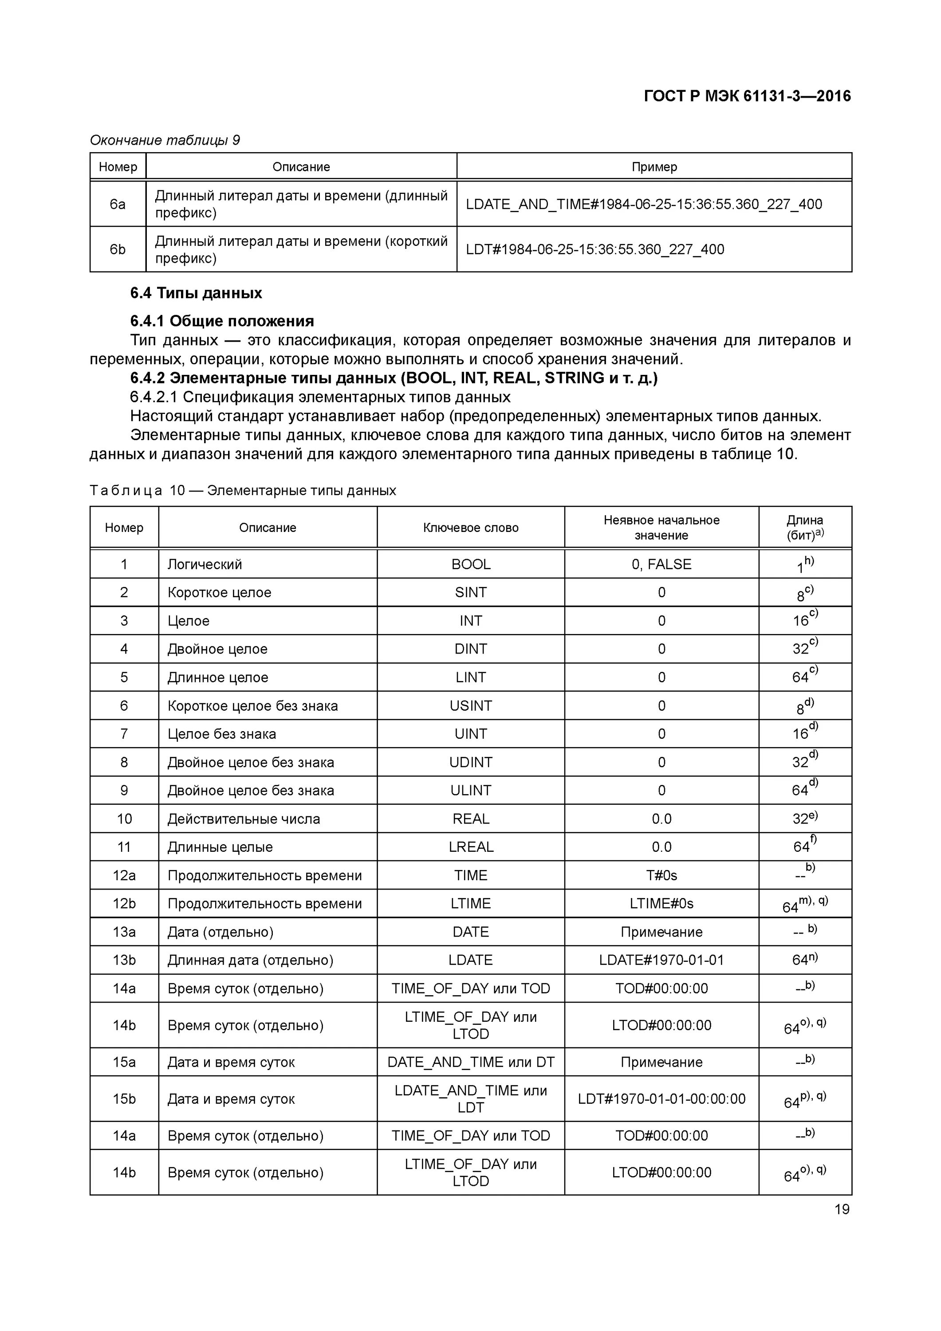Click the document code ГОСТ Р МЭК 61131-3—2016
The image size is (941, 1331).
747,96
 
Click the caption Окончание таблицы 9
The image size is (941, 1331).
165,140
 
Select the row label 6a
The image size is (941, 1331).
118,204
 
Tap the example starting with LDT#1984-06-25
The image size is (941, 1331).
595,249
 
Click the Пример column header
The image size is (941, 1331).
654,167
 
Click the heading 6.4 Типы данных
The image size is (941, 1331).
196,293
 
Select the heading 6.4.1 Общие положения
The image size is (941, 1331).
222,321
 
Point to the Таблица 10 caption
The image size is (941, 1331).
243,490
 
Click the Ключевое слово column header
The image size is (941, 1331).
471,528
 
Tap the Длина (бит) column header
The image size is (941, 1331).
805,528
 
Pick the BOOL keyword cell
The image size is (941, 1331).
471,564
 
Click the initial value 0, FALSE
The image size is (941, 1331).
661,564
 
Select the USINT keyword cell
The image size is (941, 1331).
471,705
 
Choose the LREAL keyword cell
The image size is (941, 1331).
471,847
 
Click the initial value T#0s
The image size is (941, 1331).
661,875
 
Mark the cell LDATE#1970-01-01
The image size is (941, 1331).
661,960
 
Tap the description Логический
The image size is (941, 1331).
205,564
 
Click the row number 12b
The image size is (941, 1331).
124,904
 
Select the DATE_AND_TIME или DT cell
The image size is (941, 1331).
471,1062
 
